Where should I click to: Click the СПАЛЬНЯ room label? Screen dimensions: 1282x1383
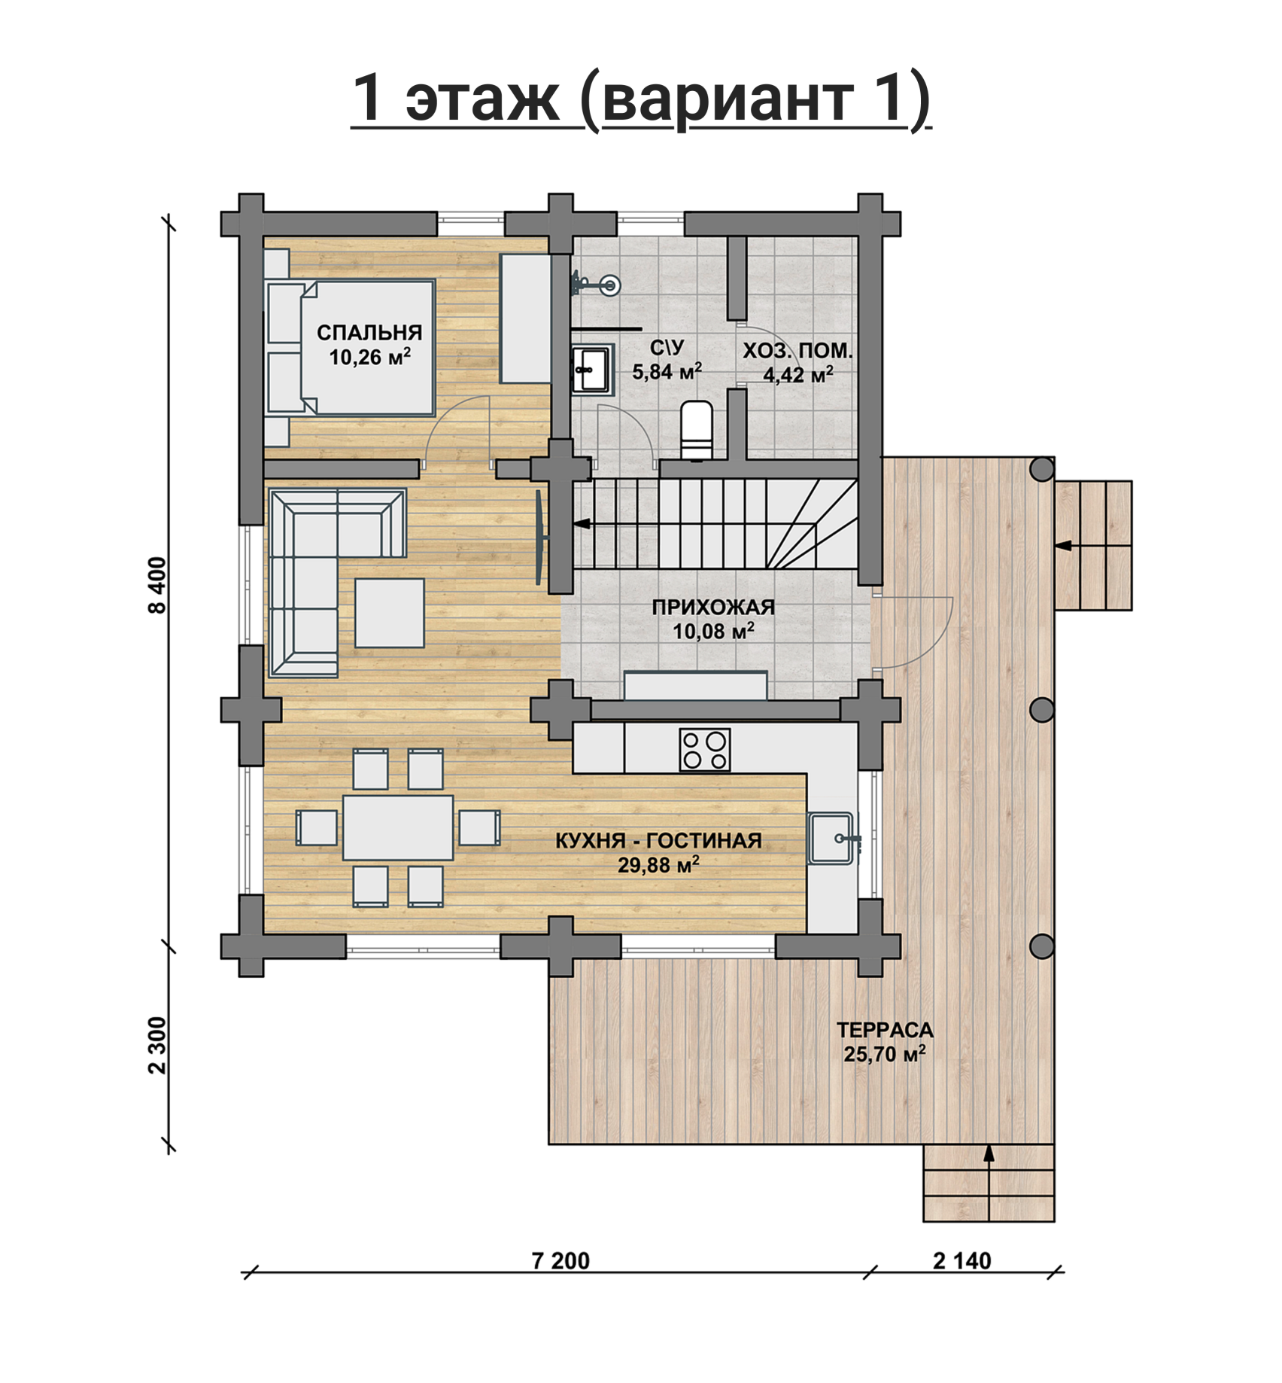click(x=369, y=333)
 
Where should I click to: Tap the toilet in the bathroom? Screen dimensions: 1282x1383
click(x=697, y=430)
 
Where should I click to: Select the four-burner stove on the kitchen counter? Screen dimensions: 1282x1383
click(x=705, y=750)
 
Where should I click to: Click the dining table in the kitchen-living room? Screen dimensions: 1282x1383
click(x=398, y=827)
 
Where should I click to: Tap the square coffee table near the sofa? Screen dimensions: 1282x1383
click(x=390, y=613)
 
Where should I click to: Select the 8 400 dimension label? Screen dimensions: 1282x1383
click(x=157, y=586)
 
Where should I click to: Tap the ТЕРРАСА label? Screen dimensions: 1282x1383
click(x=885, y=1029)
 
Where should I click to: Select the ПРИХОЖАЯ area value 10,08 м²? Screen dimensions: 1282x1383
click(x=713, y=631)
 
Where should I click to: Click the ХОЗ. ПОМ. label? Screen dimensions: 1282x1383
click(x=798, y=351)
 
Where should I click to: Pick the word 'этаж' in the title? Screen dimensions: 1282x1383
click(x=482, y=98)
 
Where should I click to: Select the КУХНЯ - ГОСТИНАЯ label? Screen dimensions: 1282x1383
click(x=658, y=840)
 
